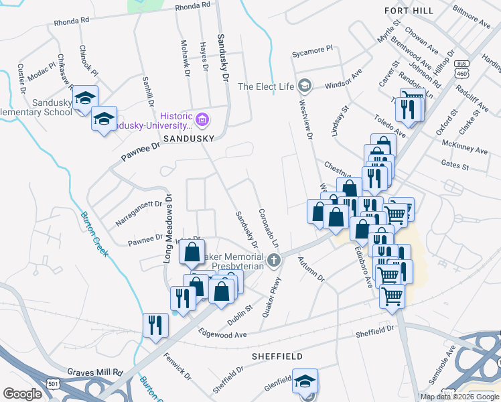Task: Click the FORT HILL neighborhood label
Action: pos(409,11)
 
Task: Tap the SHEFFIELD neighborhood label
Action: pos(277,356)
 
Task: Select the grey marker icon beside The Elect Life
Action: pos(305,86)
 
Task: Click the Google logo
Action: pos(22,394)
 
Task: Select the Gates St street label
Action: pos(455,163)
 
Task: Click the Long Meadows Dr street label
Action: pos(168,228)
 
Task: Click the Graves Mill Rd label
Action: pos(95,371)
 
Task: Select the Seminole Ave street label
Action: pos(449,360)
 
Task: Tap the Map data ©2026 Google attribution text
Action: pos(459,396)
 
